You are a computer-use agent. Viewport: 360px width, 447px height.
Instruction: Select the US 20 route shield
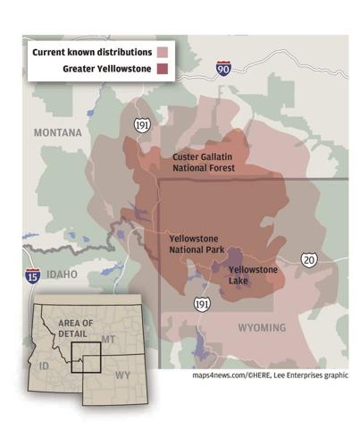pyautogui.click(x=308, y=259)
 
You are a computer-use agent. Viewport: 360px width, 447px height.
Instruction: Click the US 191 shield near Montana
pyautogui.click(x=142, y=125)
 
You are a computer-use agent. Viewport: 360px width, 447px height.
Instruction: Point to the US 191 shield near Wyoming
pyautogui.click(x=203, y=305)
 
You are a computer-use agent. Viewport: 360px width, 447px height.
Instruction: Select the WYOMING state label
pyautogui.click(x=262, y=327)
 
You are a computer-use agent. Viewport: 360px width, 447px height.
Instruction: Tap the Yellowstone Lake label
pyautogui.click(x=253, y=274)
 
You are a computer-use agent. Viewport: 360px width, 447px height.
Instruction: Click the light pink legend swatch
pyautogui.click(x=163, y=52)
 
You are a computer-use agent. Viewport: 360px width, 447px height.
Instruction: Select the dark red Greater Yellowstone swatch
pyautogui.click(x=163, y=69)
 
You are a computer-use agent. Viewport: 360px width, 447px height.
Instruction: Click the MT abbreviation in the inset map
pyautogui.click(x=108, y=341)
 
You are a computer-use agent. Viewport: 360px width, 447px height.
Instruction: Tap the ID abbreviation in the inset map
pyautogui.click(x=42, y=366)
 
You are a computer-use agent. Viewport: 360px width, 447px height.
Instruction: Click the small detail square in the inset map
pyautogui.click(x=87, y=354)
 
